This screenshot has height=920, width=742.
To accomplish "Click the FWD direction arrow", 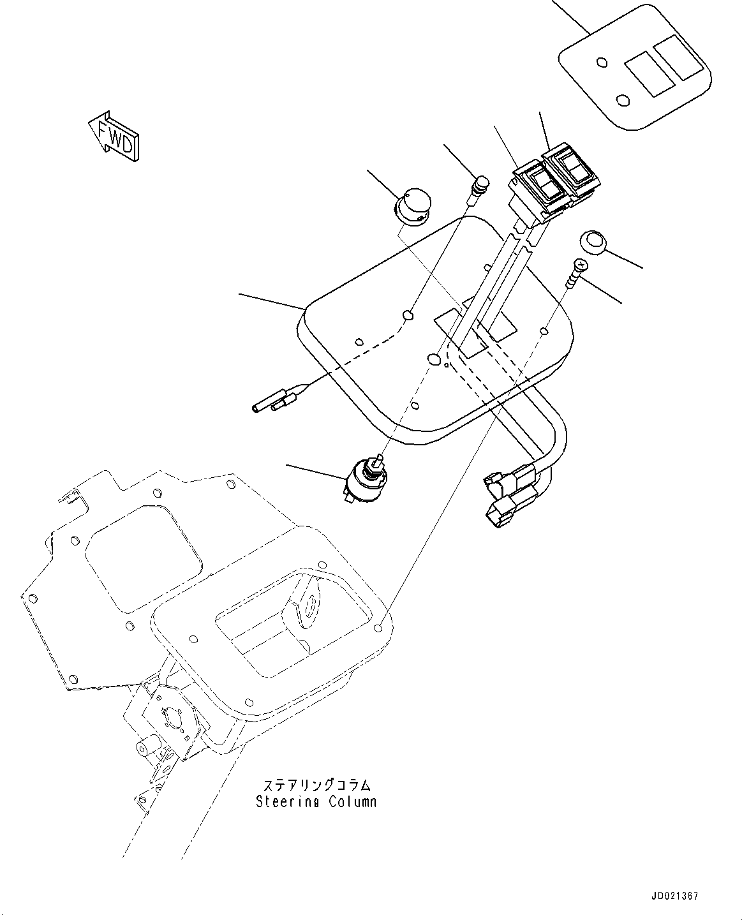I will coord(115,136).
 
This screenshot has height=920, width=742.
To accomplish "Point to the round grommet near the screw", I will coord(592,243).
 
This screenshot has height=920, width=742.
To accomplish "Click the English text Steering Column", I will coord(316,802).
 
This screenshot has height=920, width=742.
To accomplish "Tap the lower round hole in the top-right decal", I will coord(623,100).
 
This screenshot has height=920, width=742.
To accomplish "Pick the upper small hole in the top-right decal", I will coord(601,63).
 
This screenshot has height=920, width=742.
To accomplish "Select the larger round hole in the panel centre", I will coord(434,359).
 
